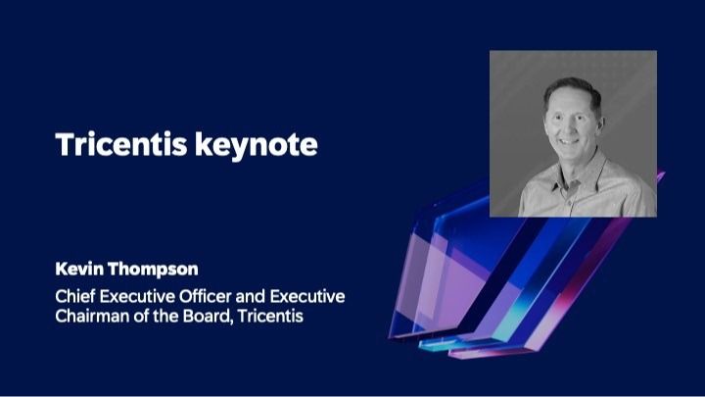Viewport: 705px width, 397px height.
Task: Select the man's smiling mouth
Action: pyautogui.click(x=572, y=138)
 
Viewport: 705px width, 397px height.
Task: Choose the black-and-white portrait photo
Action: pyautogui.click(x=573, y=133)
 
